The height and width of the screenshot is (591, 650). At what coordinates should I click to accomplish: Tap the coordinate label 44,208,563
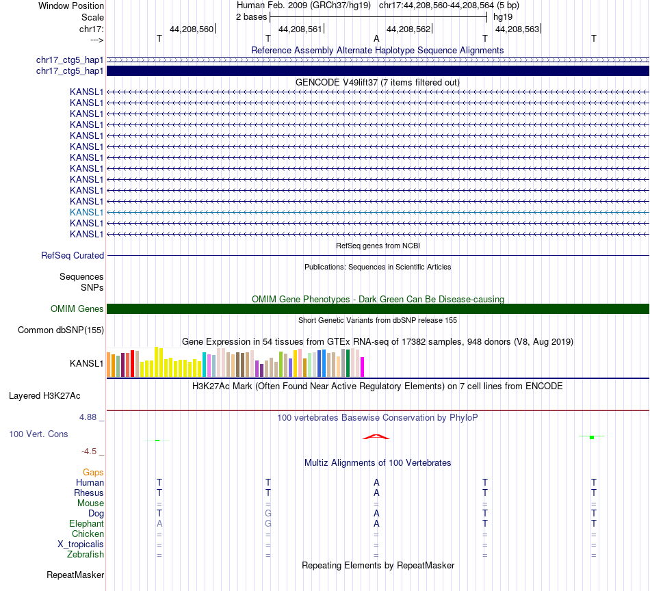pyautogui.click(x=517, y=29)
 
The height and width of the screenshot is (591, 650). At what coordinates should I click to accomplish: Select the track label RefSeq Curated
pyautogui.click(x=73, y=255)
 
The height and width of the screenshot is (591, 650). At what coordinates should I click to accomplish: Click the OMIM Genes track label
pyautogui.click(x=77, y=308)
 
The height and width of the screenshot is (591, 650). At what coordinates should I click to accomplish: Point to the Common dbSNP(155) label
pyautogui.click(x=61, y=330)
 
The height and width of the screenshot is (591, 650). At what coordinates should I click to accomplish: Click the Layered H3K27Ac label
pyautogui.click(x=44, y=395)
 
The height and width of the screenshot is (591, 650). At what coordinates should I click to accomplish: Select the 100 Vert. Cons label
pyautogui.click(x=39, y=434)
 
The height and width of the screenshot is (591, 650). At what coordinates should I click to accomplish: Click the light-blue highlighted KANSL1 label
pyautogui.click(x=86, y=212)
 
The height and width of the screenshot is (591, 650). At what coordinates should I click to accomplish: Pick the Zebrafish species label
pyautogui.click(x=86, y=554)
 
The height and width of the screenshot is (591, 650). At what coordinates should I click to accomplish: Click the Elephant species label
pyautogui.click(x=86, y=523)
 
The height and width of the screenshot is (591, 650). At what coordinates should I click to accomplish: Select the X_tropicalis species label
pyautogui.click(x=81, y=544)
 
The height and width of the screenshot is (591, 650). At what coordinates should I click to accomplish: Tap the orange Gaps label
pyautogui.click(x=93, y=472)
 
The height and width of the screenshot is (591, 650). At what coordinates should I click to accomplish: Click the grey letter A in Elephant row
pyautogui.click(x=159, y=523)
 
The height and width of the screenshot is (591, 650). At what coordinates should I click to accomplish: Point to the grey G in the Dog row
pyautogui.click(x=268, y=513)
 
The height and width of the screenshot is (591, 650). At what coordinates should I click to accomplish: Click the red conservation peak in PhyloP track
pyautogui.click(x=376, y=436)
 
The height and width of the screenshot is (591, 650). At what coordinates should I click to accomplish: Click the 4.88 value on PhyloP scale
pyautogui.click(x=92, y=417)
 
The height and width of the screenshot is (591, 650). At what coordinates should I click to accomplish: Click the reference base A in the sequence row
pyautogui.click(x=376, y=39)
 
